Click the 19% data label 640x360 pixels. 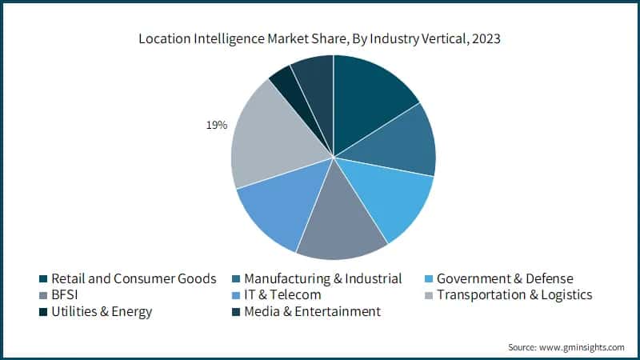click(x=216, y=125)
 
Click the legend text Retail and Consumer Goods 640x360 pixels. click(x=134, y=278)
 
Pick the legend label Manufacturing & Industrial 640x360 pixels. click(x=322, y=278)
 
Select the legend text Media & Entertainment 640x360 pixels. click(x=312, y=312)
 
